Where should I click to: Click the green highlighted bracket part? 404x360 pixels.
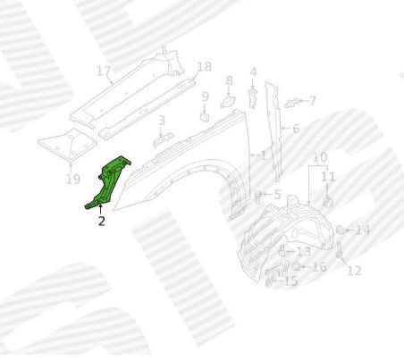107,184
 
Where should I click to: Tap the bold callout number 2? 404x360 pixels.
102,222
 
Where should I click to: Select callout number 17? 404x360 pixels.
104,71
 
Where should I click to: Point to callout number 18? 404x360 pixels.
205,67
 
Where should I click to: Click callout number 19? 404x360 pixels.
72,180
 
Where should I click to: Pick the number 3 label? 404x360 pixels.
162,121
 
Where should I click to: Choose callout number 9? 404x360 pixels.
206,96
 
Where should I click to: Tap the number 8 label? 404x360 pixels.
229,80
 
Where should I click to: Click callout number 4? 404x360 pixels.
253,72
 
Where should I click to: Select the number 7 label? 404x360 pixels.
312,101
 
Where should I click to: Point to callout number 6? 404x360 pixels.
296,129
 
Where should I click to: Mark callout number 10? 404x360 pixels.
320,157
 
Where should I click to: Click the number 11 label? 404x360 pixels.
328,177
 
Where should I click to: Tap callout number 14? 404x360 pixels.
363,230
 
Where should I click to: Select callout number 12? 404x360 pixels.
354,271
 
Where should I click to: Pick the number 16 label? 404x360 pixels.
319,267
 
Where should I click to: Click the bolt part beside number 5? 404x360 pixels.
258,197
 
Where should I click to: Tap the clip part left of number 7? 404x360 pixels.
291,103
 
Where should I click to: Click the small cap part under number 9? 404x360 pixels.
205,117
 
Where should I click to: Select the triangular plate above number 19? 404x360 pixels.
68,145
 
